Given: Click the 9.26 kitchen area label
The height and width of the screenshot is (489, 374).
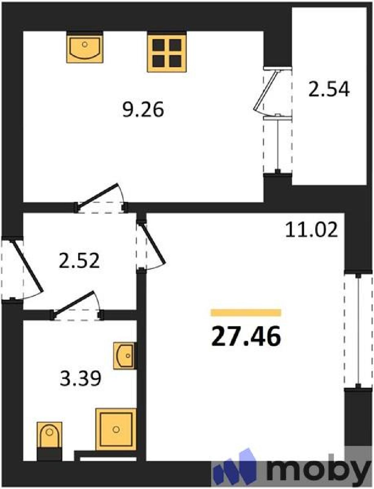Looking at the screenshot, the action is [x=143, y=109].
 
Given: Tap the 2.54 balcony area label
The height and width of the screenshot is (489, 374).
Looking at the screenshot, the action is [x=329, y=89].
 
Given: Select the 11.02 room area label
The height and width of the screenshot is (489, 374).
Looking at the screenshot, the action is [x=312, y=230].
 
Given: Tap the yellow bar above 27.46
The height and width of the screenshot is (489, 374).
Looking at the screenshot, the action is [x=246, y=313].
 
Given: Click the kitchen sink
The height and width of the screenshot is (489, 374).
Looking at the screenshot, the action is [x=85, y=47].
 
